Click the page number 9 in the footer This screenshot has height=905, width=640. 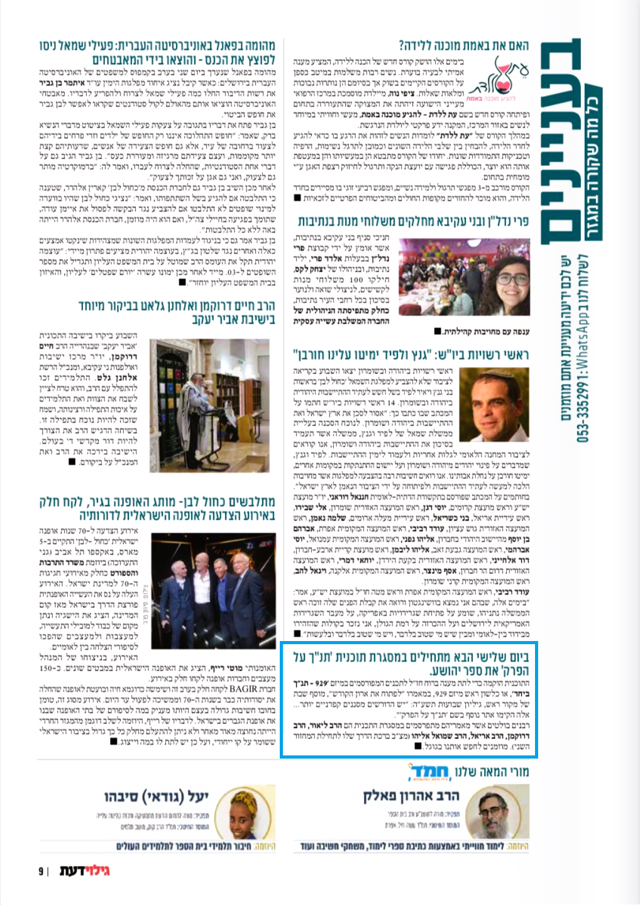(x=41, y=872)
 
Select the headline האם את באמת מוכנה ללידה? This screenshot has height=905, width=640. (x=463, y=45)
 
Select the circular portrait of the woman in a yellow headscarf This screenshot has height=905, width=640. (x=229, y=809)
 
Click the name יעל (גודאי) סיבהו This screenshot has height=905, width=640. (x=156, y=796)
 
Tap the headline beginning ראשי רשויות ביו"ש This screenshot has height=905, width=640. (x=411, y=354)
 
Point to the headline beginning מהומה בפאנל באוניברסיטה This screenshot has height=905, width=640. (x=157, y=53)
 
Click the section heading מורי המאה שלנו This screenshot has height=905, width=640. (x=492, y=771)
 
